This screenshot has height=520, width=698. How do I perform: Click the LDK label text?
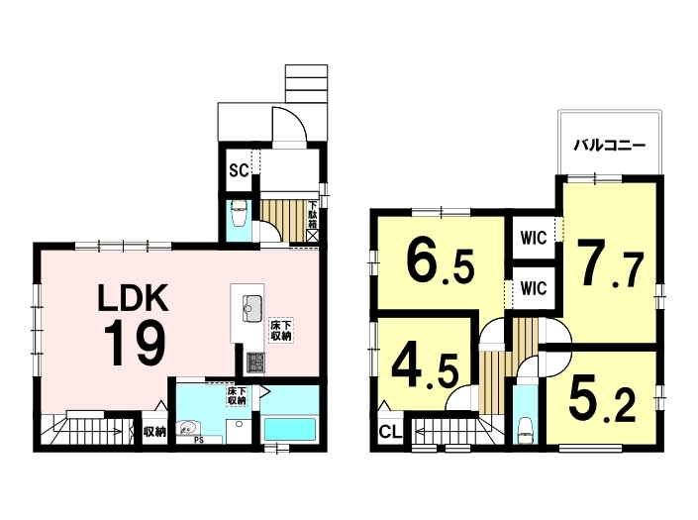point(133,298)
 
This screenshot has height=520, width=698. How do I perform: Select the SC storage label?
point(239,170)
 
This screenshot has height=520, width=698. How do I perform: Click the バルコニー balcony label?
point(609,146)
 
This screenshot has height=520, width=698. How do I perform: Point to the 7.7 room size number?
point(611,264)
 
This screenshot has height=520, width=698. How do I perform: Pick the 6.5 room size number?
point(440,262)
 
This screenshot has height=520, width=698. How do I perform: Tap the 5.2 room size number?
point(602,399)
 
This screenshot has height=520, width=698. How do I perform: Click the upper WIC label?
point(534,238)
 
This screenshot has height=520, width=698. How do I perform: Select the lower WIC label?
point(534,288)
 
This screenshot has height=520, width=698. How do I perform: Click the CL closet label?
point(391,432)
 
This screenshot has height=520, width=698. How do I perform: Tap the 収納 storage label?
point(154,432)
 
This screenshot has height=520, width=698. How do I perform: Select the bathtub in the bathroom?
point(290,429)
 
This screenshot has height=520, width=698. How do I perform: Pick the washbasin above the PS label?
point(189,428)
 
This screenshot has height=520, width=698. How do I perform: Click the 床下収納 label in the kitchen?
point(281,330)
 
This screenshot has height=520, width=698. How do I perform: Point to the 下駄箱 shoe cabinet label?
point(313,216)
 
